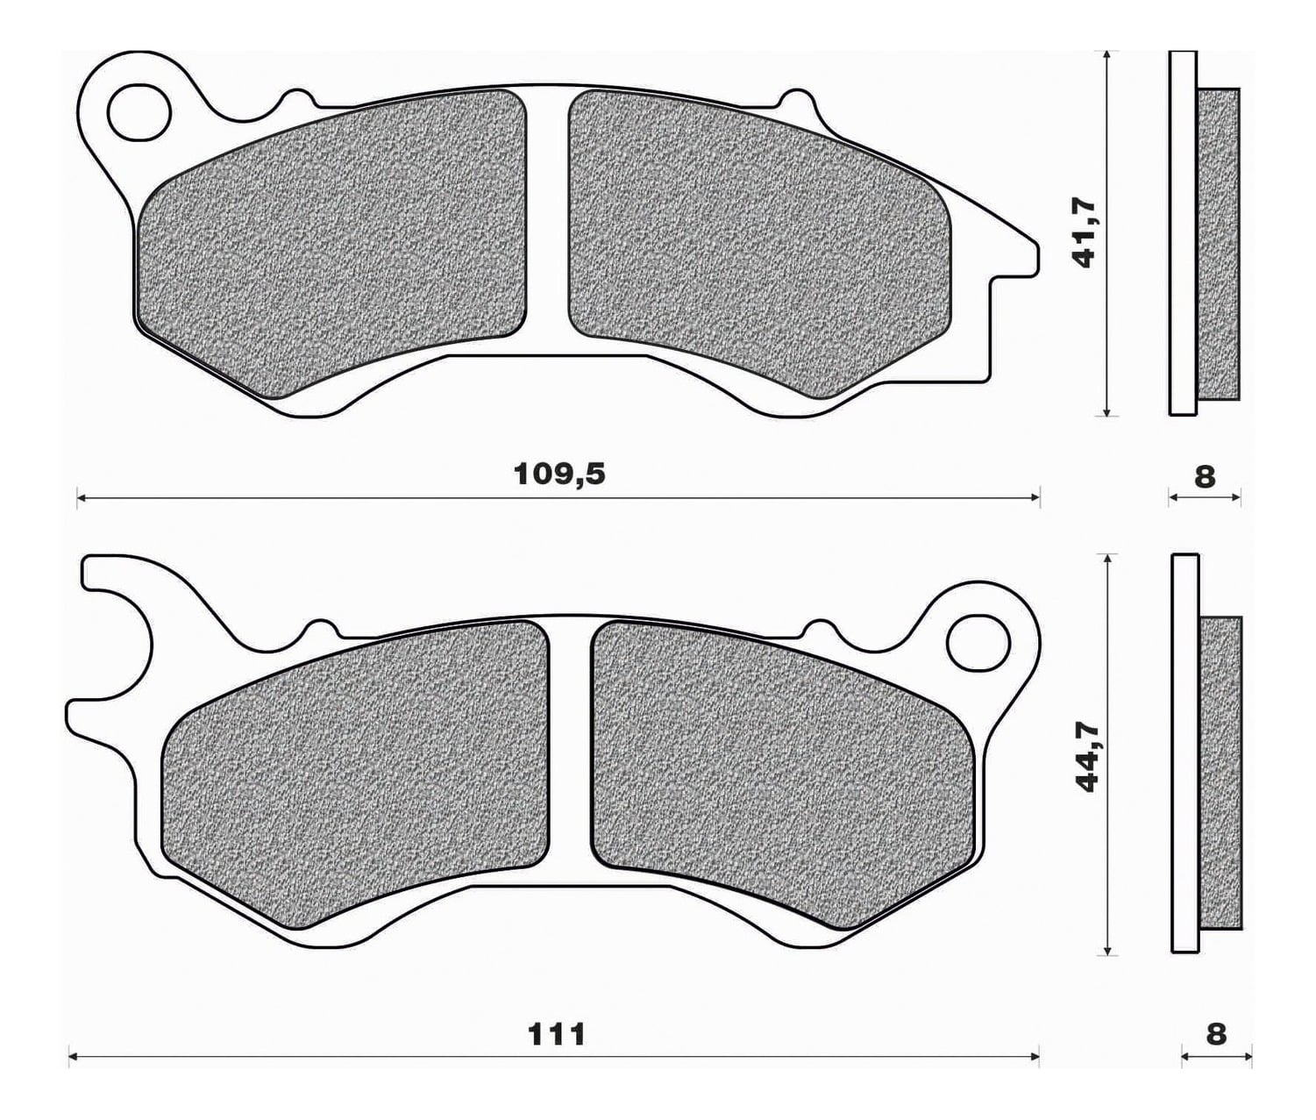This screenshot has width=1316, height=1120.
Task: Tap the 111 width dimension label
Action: [x=556, y=1035]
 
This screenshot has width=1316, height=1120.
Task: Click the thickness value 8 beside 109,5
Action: [x=1205, y=477]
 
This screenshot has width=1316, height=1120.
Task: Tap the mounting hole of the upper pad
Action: [x=139, y=113]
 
